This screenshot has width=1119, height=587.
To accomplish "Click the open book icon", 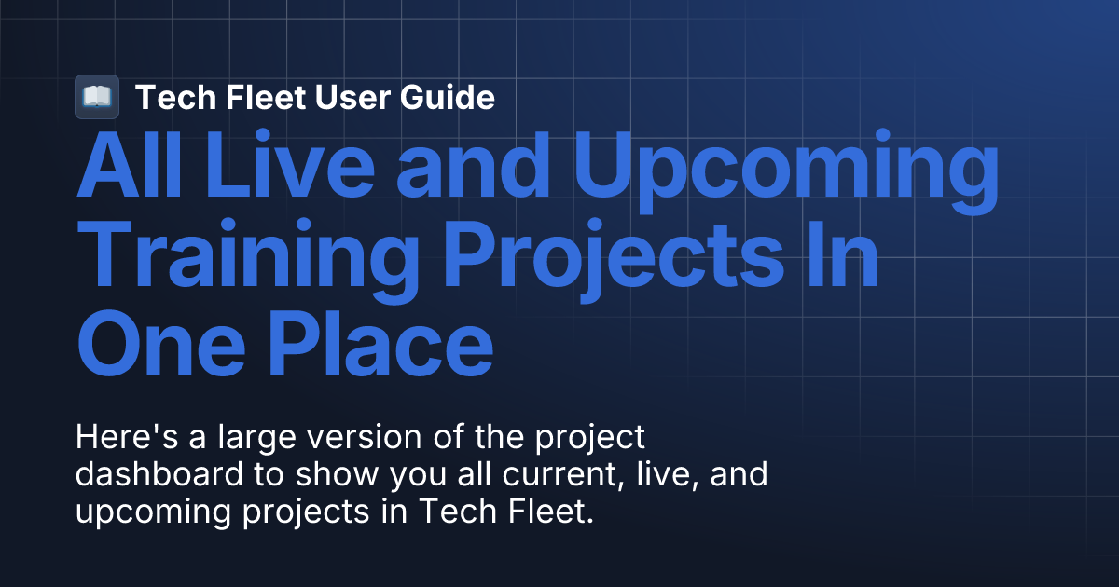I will [96, 97].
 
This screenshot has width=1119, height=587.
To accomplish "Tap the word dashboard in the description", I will [158, 474].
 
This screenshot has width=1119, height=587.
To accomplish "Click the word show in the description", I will [321, 474].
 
